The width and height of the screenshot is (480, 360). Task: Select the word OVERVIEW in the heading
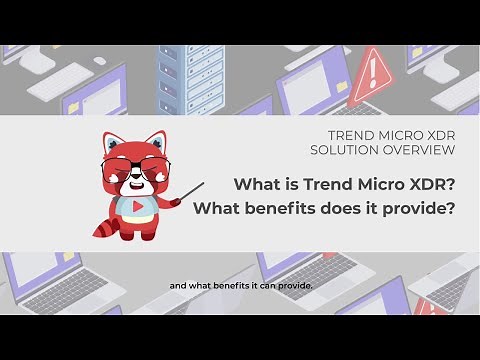(x=419, y=150)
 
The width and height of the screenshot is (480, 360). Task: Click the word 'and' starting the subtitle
(x=177, y=288)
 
